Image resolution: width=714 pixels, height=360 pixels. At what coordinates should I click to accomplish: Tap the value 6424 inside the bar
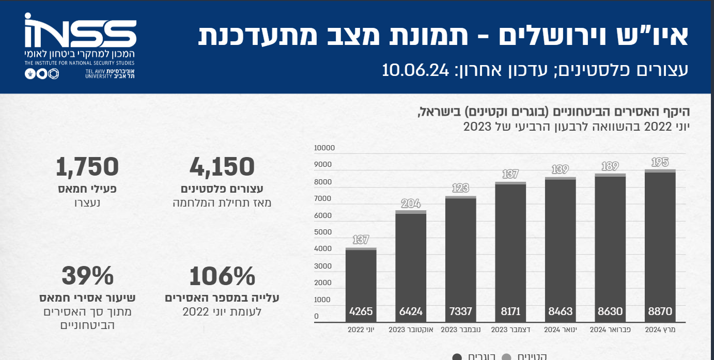click(x=411, y=312)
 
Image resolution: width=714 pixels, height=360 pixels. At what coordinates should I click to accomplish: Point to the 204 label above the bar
click(x=411, y=204)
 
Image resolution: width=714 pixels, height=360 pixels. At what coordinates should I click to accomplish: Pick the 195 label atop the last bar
click(x=660, y=163)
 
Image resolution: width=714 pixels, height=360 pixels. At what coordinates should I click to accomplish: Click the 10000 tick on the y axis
click(x=324, y=148)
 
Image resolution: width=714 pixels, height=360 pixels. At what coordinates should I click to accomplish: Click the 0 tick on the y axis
click(x=317, y=317)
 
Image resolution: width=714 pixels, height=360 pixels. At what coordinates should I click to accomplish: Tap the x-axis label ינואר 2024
click(x=561, y=330)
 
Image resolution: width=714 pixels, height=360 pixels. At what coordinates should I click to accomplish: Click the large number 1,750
click(x=87, y=167)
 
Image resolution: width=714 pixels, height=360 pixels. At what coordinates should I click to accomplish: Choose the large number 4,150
click(x=222, y=167)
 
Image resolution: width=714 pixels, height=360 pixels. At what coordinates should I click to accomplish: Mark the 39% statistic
click(x=87, y=276)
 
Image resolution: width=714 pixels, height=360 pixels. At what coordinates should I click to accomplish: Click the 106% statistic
click(x=222, y=276)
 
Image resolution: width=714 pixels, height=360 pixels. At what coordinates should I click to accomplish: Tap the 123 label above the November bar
click(x=461, y=189)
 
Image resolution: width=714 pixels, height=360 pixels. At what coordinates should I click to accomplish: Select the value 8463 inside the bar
click(x=561, y=312)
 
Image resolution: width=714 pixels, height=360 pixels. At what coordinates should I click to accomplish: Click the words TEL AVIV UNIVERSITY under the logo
click(x=99, y=73)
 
